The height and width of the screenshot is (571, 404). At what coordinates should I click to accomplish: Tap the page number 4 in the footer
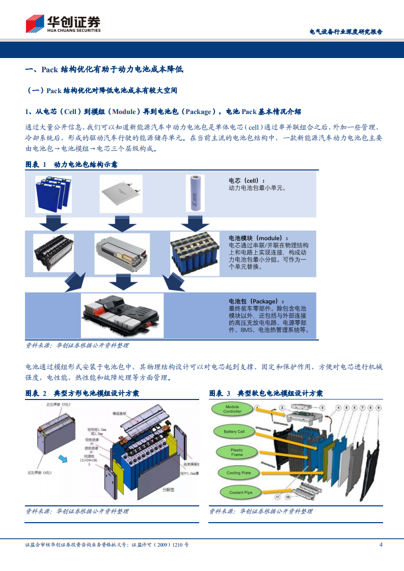[x=381, y=545]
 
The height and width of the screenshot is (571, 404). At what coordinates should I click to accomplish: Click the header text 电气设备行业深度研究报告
[x=346, y=32]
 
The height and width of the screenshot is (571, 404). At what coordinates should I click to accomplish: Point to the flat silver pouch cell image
[x=121, y=193]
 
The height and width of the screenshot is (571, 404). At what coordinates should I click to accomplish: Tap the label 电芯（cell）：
[x=247, y=181]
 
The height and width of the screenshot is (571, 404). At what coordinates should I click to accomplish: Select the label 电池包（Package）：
[x=256, y=301]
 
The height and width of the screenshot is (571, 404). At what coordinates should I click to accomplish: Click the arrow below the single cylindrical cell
[x=196, y=222]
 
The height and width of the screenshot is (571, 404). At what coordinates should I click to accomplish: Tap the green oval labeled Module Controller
[x=232, y=409]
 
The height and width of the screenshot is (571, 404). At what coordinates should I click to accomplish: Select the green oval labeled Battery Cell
[x=234, y=432]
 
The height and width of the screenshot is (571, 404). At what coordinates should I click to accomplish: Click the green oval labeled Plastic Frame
[x=236, y=452]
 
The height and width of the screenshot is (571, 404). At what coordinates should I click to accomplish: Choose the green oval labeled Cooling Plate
[x=238, y=473]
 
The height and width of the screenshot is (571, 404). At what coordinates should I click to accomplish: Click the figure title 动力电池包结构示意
[x=86, y=164]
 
